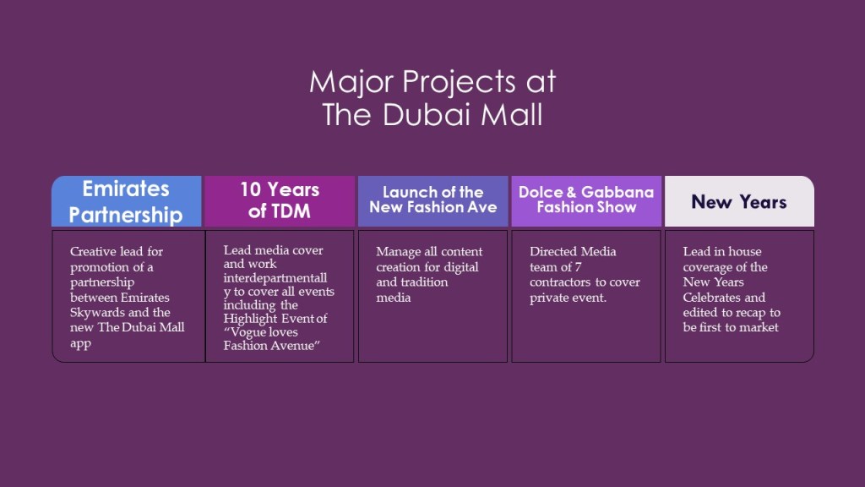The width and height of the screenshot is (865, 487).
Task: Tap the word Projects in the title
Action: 459,82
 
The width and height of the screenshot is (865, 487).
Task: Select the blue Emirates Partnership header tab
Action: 127,201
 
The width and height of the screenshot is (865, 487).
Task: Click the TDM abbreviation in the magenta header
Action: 292,211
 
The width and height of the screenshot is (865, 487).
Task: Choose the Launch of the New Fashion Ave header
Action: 433,201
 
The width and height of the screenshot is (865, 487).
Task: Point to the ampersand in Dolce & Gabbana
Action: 571,192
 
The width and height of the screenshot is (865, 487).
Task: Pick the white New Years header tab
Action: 739,201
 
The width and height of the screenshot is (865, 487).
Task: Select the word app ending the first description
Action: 80,343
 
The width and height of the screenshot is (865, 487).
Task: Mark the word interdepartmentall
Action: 275,277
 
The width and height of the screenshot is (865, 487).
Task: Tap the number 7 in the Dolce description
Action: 578,267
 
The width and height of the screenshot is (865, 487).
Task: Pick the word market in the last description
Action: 759,327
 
